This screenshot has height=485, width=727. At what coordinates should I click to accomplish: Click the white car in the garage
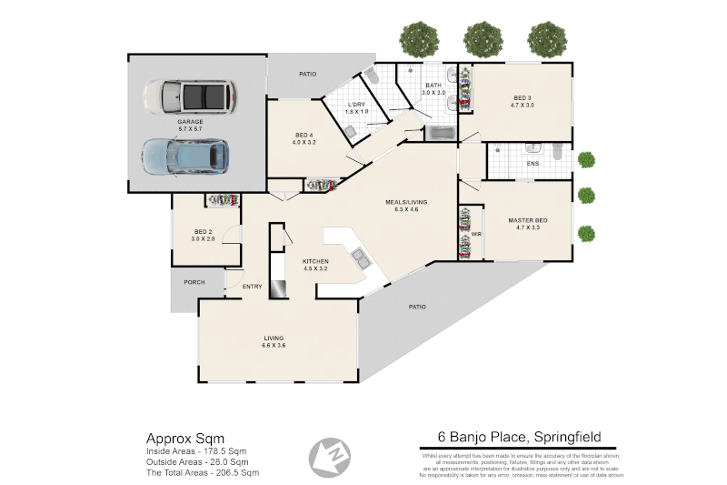(x=190, y=94)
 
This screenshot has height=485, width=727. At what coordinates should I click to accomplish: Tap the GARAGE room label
(x=190, y=121)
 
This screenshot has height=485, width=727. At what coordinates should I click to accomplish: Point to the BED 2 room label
(x=203, y=232)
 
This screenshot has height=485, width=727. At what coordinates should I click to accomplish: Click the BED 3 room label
(x=521, y=97)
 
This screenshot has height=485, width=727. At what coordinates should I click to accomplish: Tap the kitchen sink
(x=361, y=259)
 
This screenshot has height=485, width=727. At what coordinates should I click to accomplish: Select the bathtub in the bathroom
(x=443, y=134)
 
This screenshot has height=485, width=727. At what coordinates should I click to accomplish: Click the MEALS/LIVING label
(x=405, y=201)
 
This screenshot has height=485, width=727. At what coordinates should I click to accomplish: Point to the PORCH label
(x=194, y=282)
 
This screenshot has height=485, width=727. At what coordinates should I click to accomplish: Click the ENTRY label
(x=252, y=287)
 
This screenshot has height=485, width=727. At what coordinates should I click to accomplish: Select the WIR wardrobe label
(x=475, y=234)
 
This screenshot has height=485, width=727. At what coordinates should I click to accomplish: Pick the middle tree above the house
(x=483, y=39)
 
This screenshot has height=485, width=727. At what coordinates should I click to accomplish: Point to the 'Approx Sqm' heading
(x=185, y=437)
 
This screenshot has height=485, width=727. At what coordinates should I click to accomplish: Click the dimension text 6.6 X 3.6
(x=274, y=345)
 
